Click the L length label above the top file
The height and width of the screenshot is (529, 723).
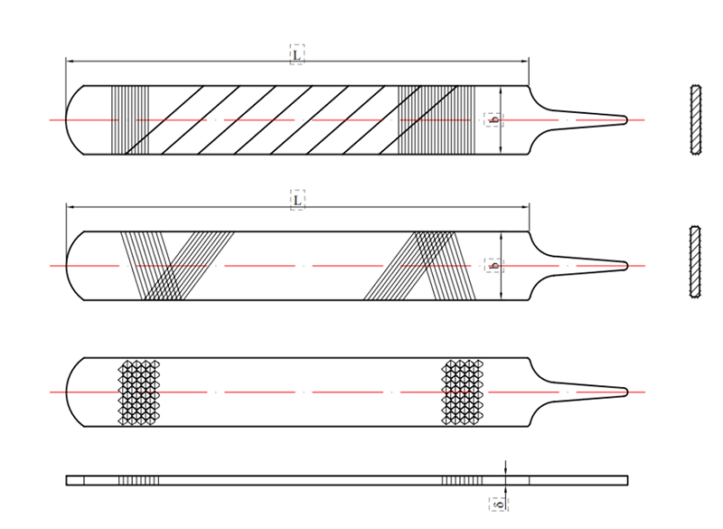click(x=296, y=53)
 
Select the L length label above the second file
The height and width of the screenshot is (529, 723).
click(x=296, y=199)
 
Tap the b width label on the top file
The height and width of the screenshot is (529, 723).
click(x=493, y=118)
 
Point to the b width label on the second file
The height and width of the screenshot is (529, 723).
click(x=493, y=265)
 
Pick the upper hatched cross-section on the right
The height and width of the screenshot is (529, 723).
click(x=695, y=118)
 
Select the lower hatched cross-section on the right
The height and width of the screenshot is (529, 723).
click(x=695, y=261)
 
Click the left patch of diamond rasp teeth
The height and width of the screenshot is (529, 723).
click(x=140, y=392)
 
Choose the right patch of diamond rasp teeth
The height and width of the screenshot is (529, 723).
click(x=463, y=392)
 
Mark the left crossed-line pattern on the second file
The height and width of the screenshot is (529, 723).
click(x=176, y=265)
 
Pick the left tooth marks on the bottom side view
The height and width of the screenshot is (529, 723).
click(x=139, y=479)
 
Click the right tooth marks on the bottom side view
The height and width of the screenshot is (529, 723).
click(x=462, y=479)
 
